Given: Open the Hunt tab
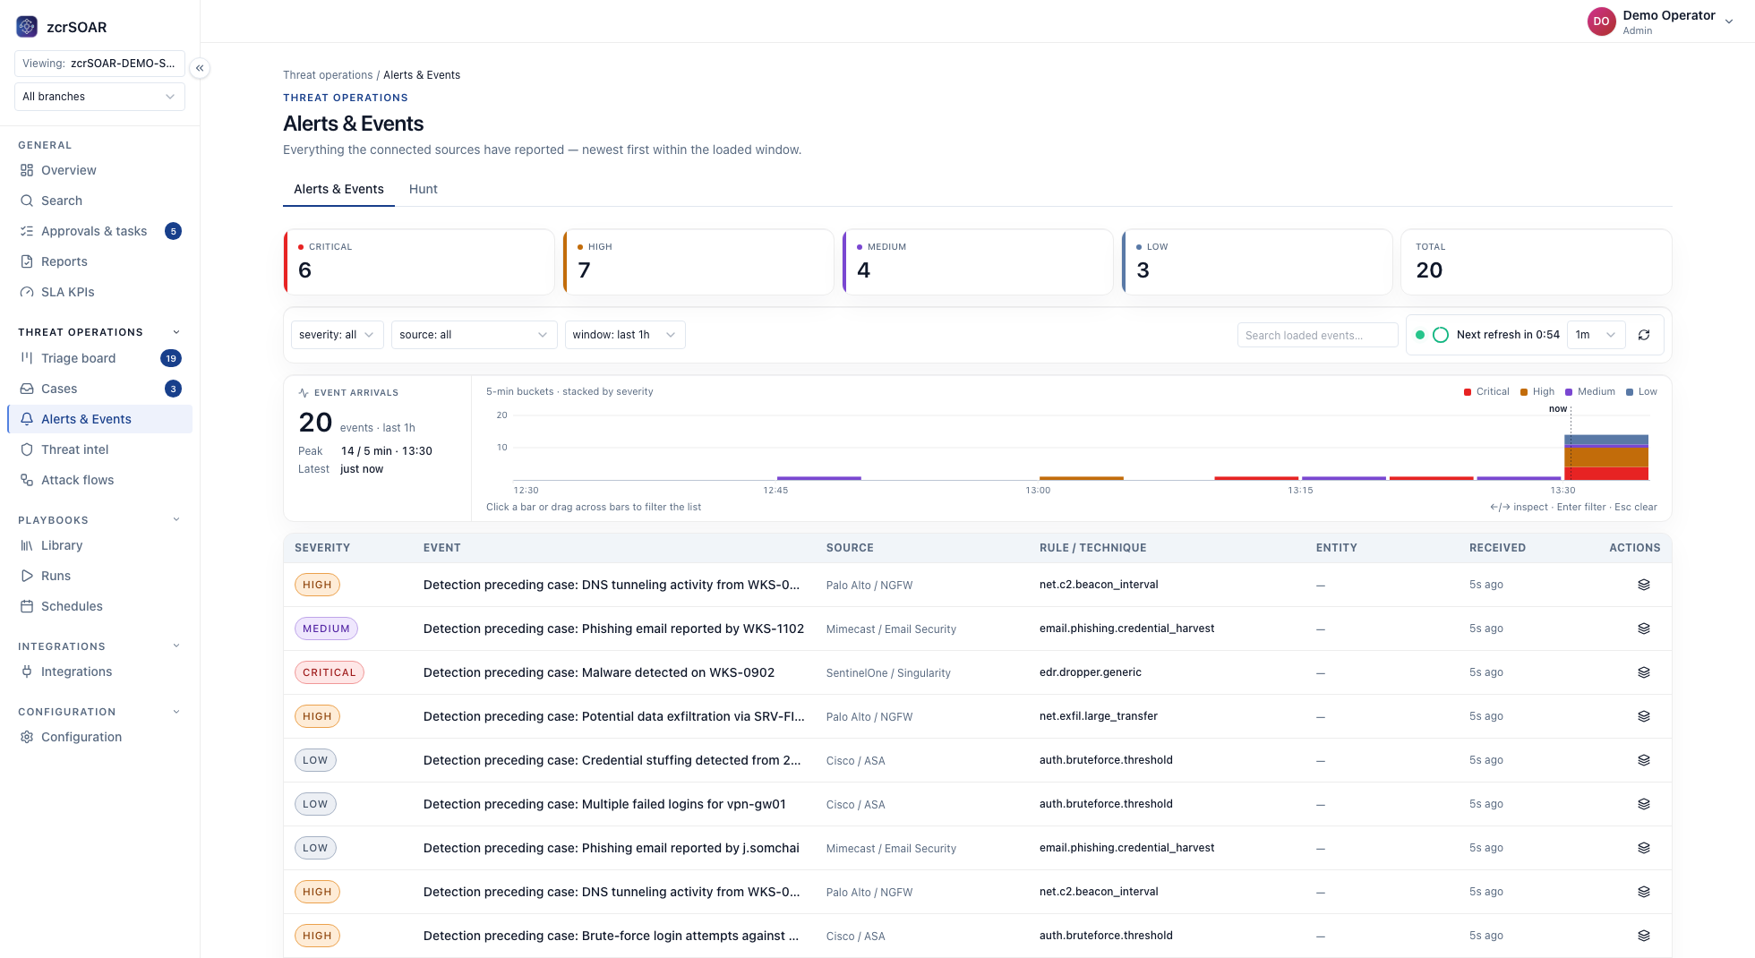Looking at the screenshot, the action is pyautogui.click(x=423, y=189).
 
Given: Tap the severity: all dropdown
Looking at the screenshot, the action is pyautogui.click(x=337, y=335).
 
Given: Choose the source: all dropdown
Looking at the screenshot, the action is pyautogui.click(x=474, y=335).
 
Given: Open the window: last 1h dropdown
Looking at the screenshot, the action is pyautogui.click(x=625, y=335).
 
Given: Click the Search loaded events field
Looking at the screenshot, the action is pyautogui.click(x=1317, y=335).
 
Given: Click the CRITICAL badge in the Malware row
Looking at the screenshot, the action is pyautogui.click(x=330, y=672).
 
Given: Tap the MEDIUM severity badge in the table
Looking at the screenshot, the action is pyautogui.click(x=326, y=629).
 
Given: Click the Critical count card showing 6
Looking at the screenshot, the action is pyautogui.click(x=419, y=262).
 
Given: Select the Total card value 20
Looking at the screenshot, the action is pyautogui.click(x=1429, y=270).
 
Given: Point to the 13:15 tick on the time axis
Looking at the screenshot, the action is pyautogui.click(x=1300, y=490).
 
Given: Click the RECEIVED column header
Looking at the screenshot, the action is pyautogui.click(x=1497, y=548).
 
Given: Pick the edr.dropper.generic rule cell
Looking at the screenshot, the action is pyautogui.click(x=1090, y=672).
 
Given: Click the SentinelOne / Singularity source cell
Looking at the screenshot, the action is pyautogui.click(x=888, y=673).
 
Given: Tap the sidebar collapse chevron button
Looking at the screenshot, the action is pyautogui.click(x=200, y=68).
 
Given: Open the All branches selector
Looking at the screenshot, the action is pyautogui.click(x=99, y=97).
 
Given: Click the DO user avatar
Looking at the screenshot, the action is pyautogui.click(x=1601, y=21).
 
